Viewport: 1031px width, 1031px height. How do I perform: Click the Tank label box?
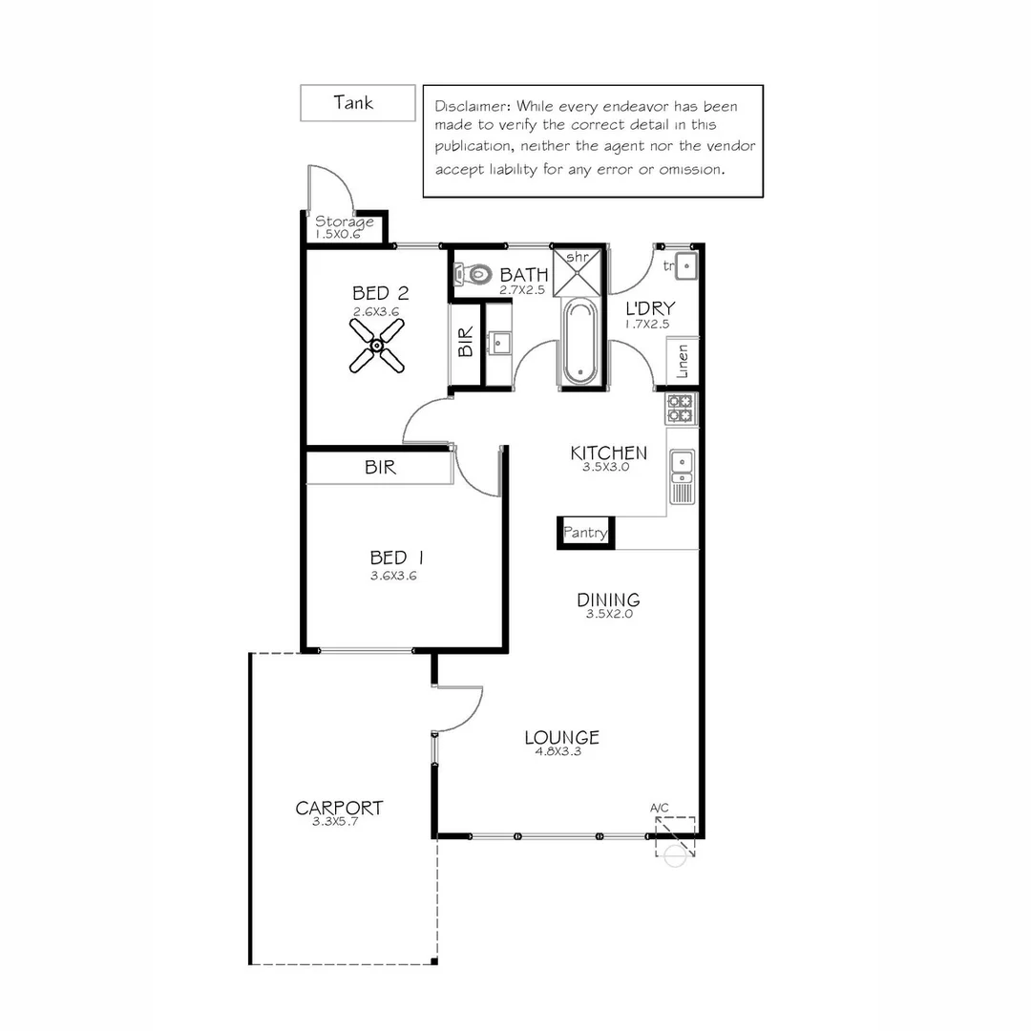click(x=357, y=103)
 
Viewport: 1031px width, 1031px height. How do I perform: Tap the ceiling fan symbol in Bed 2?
click(x=377, y=345)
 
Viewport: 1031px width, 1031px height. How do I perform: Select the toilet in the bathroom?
click(x=473, y=275)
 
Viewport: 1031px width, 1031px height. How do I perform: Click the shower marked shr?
click(x=579, y=272)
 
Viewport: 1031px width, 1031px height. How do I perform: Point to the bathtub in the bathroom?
click(x=579, y=342)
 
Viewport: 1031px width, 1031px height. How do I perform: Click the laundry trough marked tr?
click(x=686, y=266)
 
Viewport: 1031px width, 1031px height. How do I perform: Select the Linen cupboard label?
click(x=683, y=362)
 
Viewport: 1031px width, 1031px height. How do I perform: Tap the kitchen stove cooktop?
click(x=682, y=409)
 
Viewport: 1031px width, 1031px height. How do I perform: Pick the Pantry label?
click(x=585, y=533)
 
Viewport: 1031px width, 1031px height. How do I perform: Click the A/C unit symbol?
click(x=674, y=837)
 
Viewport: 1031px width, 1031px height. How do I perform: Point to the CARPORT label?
click(x=339, y=809)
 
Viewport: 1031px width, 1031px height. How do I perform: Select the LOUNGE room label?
click(x=561, y=737)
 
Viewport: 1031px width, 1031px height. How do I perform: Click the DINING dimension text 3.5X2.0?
click(x=608, y=614)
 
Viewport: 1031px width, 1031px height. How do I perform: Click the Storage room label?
click(x=345, y=222)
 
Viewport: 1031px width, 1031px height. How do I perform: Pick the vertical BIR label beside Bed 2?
click(x=466, y=343)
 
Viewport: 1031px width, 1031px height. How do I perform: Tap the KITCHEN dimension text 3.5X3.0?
click(x=606, y=468)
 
